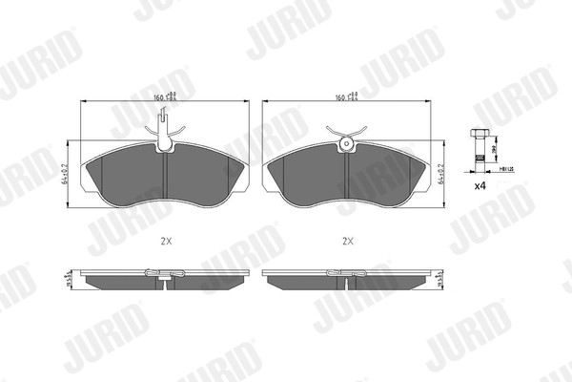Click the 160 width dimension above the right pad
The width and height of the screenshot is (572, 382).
point(345,95)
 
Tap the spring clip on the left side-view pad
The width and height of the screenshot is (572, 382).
point(166,276)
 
